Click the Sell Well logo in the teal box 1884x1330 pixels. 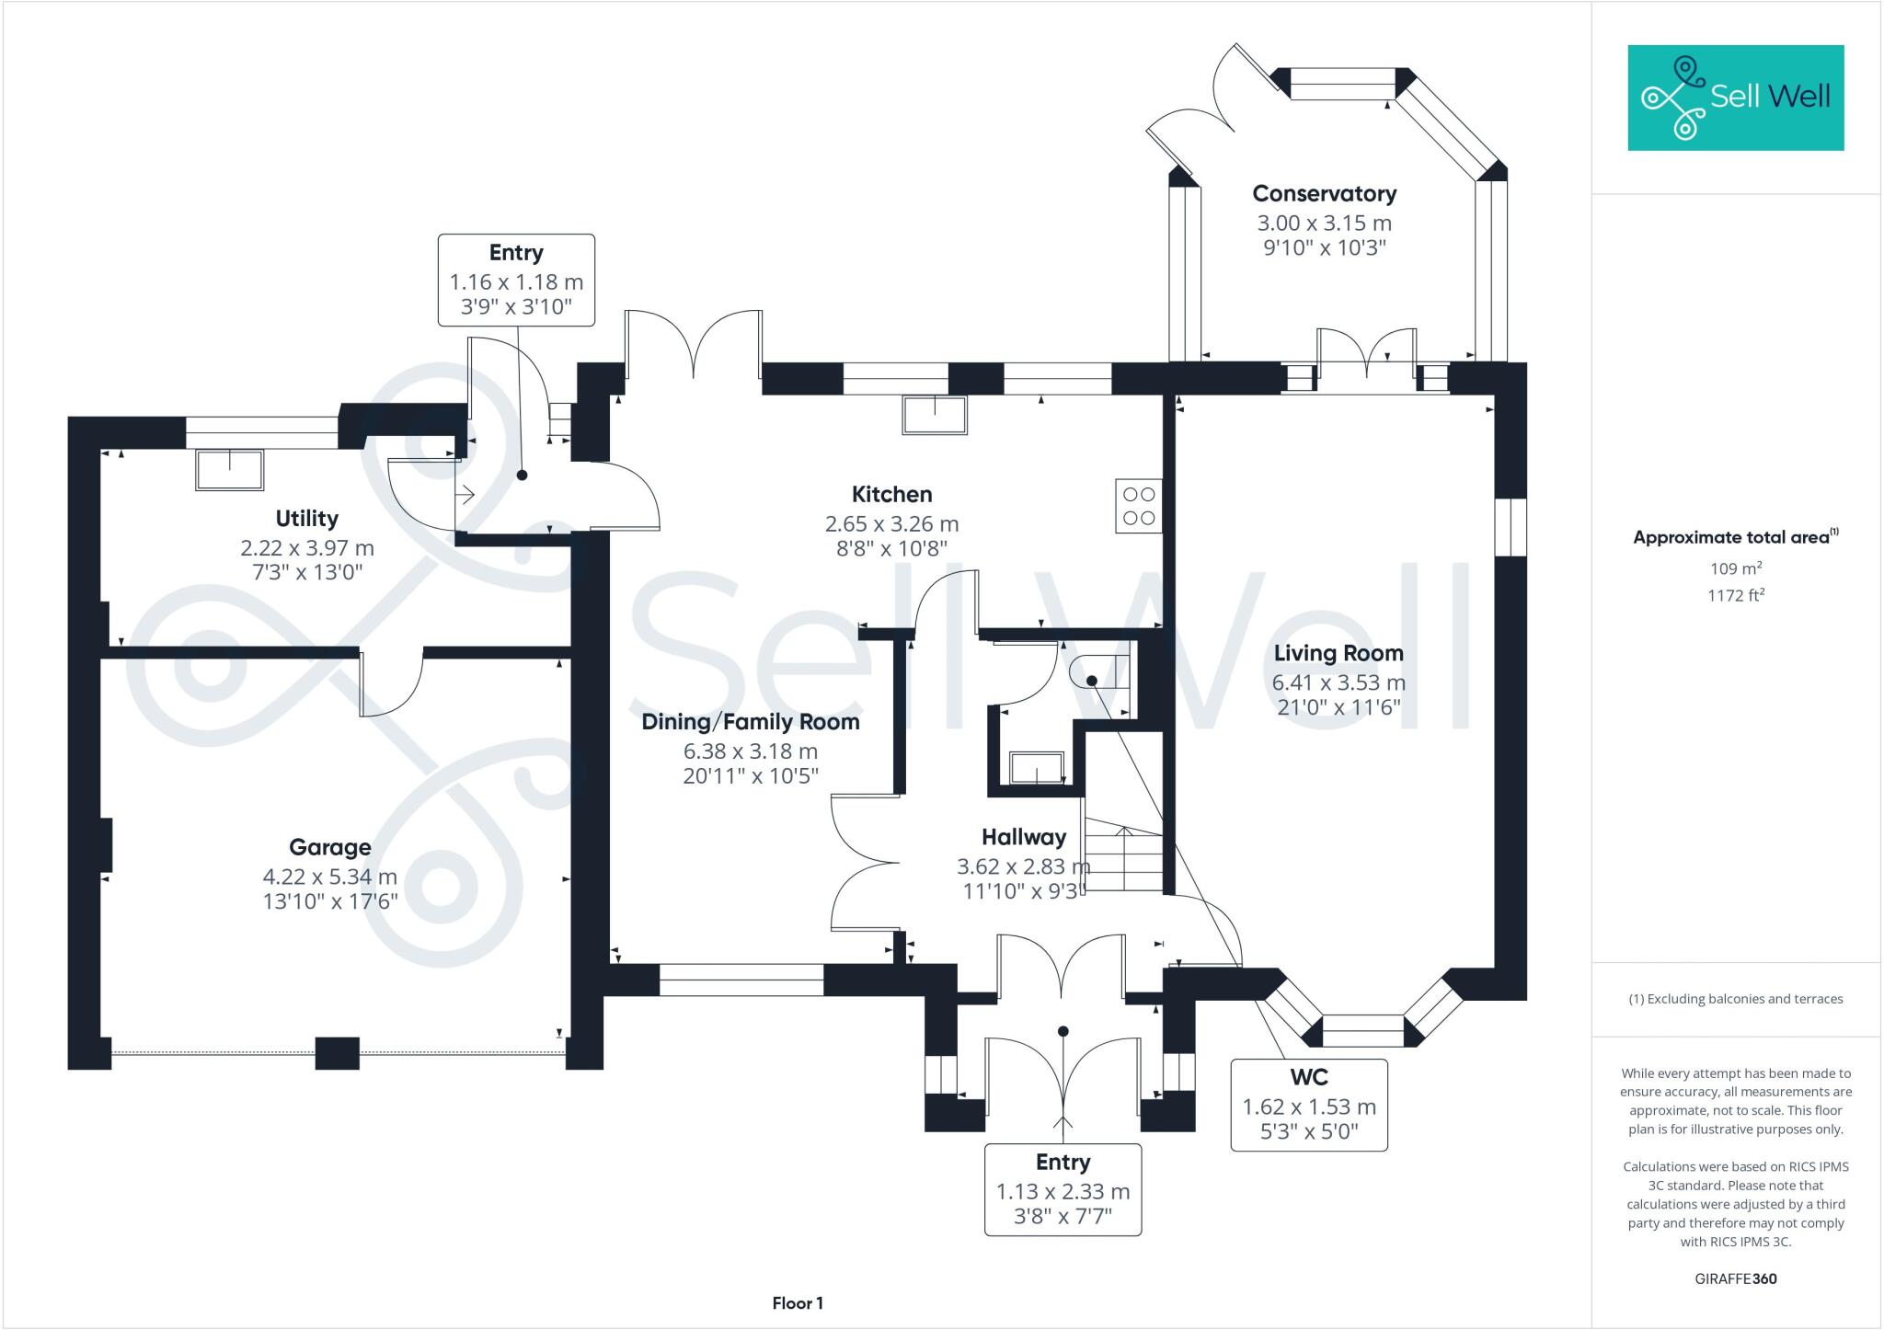pos(1735,97)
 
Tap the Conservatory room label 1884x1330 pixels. pos(1324,194)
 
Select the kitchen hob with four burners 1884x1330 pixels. pos(1139,506)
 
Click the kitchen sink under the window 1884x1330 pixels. pos(935,415)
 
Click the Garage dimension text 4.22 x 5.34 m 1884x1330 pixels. pos(330,877)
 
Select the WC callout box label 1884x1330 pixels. pos(1308,1077)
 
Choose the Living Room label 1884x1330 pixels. pos(1338,654)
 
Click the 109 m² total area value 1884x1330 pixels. pos(1735,569)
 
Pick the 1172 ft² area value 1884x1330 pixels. pos(1735,596)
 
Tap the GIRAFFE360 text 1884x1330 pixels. pos(1735,1278)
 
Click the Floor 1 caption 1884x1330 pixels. pos(798,1303)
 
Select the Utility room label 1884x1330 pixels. pos(306,519)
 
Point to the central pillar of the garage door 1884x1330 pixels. pos(337,1052)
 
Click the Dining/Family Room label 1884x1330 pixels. pos(751,722)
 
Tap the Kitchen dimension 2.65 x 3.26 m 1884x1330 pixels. pos(891,524)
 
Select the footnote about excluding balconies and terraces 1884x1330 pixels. pos(1735,999)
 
